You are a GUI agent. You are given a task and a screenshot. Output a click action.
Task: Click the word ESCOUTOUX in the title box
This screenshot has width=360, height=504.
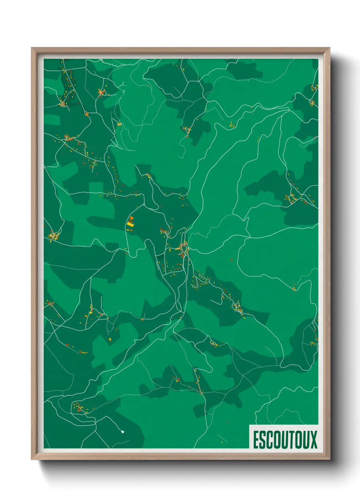(x=285, y=439)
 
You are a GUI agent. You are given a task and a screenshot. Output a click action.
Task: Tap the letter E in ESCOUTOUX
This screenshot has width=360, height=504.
(x=256, y=439)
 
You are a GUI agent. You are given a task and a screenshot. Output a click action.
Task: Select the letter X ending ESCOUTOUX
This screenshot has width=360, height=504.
(x=313, y=439)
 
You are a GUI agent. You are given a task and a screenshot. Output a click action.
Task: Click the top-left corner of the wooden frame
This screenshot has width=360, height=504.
(x=32, y=48)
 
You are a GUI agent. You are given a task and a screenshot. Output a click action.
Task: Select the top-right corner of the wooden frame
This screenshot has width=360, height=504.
(x=329, y=48)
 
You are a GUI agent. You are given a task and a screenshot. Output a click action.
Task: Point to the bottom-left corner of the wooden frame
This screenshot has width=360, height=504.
(x=32, y=459)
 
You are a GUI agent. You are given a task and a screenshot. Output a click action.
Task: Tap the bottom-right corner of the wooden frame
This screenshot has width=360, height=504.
(x=329, y=459)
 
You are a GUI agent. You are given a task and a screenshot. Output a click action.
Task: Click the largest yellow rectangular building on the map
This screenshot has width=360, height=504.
(x=131, y=224)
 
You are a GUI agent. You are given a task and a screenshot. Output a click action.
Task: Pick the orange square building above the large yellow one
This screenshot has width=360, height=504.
(x=132, y=218)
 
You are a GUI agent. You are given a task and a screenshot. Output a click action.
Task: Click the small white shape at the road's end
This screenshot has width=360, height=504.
(x=123, y=432)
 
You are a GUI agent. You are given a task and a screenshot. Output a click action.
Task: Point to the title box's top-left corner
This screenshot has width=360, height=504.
(x=249, y=425)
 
